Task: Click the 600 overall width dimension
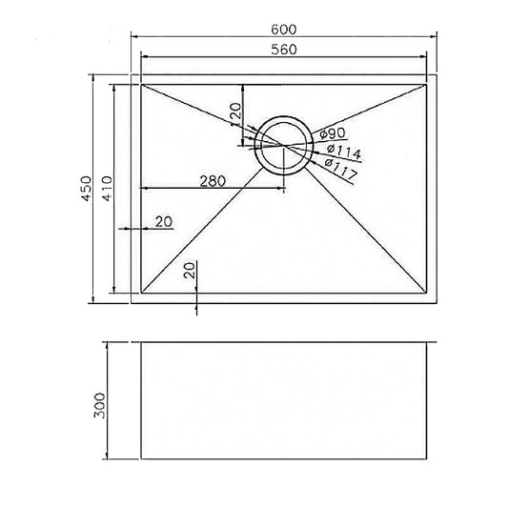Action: tap(283, 30)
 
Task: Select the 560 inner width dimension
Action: tap(284, 50)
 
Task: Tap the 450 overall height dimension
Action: tap(86, 188)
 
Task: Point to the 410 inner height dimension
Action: tap(108, 188)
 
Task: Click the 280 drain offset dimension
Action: tap(213, 181)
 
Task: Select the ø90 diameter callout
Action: tap(333, 133)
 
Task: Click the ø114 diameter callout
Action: tap(344, 152)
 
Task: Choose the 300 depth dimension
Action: tap(99, 406)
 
